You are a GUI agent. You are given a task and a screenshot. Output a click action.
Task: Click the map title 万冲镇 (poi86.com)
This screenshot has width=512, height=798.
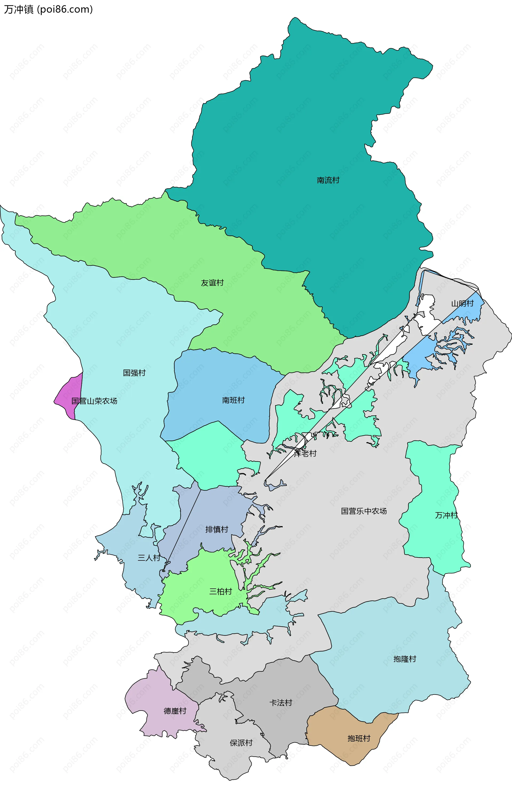pyautogui.click(x=48, y=9)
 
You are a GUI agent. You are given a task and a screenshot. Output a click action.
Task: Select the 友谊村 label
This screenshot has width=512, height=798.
pyautogui.click(x=212, y=283)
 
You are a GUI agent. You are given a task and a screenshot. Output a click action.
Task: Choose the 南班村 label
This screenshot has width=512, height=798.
pyautogui.click(x=233, y=400)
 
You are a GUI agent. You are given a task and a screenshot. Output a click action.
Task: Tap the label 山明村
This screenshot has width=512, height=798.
pyautogui.click(x=462, y=303)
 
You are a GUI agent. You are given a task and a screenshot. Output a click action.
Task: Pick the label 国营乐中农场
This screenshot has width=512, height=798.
pyautogui.click(x=364, y=511)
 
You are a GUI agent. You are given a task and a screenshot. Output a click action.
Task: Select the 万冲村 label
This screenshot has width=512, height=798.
pyautogui.click(x=446, y=515)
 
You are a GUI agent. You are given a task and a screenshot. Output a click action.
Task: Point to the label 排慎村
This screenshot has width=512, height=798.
pyautogui.click(x=217, y=530)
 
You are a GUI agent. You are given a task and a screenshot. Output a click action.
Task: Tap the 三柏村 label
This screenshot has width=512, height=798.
pyautogui.click(x=221, y=592)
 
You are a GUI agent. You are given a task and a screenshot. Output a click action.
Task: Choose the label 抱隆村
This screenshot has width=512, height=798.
pyautogui.click(x=405, y=659)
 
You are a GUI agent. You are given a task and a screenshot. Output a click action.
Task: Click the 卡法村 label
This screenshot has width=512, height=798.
pyautogui.click(x=281, y=703)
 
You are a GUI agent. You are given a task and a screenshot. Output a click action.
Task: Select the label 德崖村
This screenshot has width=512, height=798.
pyautogui.click(x=175, y=711)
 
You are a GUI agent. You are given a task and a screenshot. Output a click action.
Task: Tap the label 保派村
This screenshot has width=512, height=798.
pyautogui.click(x=241, y=743)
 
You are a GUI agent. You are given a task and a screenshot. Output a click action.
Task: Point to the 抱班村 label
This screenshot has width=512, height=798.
pyautogui.click(x=359, y=739)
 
